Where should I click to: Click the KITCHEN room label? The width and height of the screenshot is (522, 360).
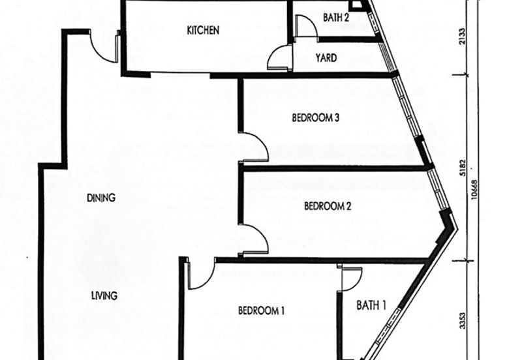(x=203, y=30)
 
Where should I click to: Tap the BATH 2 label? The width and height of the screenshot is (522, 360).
(x=336, y=18)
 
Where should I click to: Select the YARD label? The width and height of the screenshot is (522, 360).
(x=326, y=58)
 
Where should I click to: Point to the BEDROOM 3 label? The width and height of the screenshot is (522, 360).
(x=316, y=118)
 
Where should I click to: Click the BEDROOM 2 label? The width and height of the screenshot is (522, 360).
(x=328, y=206)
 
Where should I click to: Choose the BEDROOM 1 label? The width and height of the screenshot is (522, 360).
(x=262, y=310)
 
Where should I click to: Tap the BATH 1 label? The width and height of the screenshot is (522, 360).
(x=371, y=305)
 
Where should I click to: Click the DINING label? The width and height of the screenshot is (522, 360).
(x=101, y=198)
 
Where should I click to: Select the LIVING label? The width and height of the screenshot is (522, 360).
(x=104, y=295)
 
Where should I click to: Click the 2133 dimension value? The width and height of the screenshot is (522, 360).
(x=463, y=37)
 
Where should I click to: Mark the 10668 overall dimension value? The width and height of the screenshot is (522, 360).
(x=475, y=190)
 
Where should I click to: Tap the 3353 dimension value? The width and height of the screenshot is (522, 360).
(x=463, y=320)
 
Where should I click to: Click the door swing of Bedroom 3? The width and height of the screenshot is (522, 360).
(x=255, y=146)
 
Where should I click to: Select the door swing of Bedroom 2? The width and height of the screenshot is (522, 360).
(x=255, y=239)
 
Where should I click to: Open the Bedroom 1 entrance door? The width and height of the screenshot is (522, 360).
(x=201, y=275)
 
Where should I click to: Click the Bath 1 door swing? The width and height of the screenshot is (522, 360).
(x=350, y=279)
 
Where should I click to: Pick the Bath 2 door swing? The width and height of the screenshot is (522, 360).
(x=306, y=26)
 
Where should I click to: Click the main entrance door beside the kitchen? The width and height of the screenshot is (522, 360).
(x=104, y=46)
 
